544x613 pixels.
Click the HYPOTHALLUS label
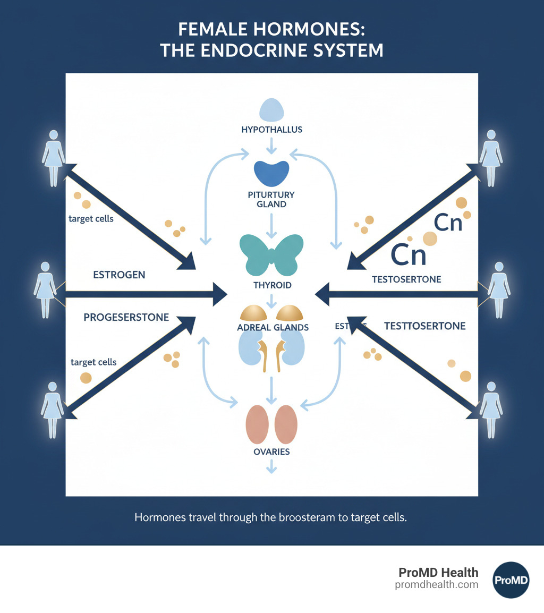click(x=271, y=129)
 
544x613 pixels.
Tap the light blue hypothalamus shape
click(x=271, y=109)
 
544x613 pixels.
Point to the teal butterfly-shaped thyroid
click(x=271, y=254)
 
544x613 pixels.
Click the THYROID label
click(x=273, y=286)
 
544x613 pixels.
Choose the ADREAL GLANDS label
click(x=273, y=327)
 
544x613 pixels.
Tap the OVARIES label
click(x=271, y=452)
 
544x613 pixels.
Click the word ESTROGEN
click(x=119, y=275)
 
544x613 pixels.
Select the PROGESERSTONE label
click(x=126, y=317)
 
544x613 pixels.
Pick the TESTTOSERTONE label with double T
click(x=424, y=326)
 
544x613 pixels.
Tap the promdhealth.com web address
click(x=437, y=584)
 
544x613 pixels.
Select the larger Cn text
click(x=409, y=254)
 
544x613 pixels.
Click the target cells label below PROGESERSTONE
click(x=93, y=362)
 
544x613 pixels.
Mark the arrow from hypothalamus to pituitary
click(x=271, y=145)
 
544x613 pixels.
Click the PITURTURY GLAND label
click(x=271, y=200)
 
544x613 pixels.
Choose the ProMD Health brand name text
click(x=438, y=572)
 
